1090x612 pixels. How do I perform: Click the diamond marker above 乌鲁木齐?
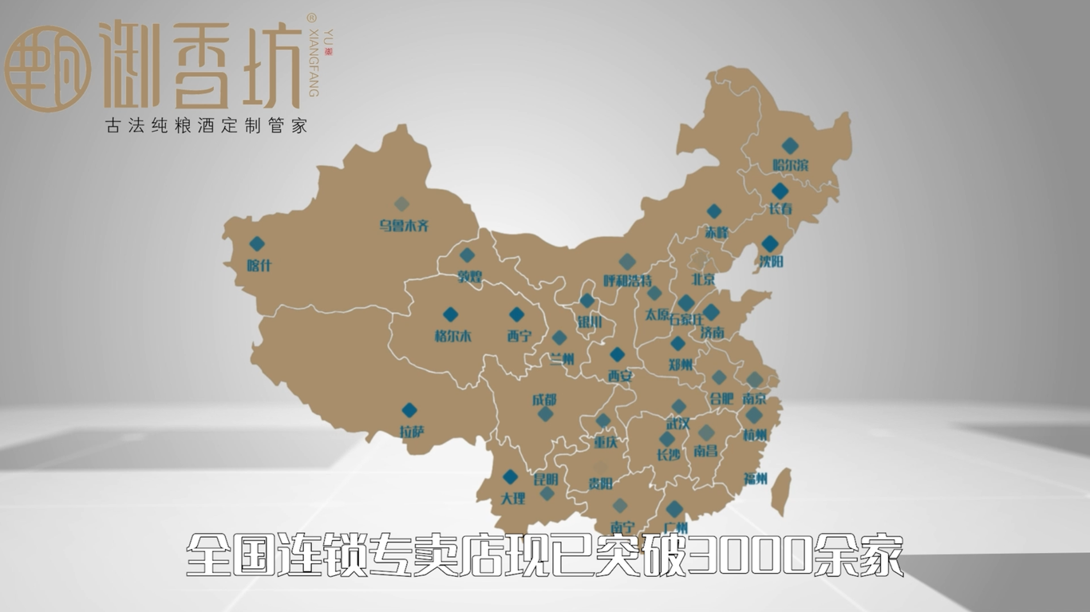tap(401, 204)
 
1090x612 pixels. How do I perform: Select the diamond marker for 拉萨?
tap(409, 410)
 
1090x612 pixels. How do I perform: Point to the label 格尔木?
tap(452, 336)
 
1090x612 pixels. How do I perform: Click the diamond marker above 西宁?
tap(516, 315)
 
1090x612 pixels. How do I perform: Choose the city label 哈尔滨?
tap(790, 165)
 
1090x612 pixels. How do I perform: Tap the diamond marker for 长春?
tap(779, 191)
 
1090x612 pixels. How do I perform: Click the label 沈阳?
tap(771, 261)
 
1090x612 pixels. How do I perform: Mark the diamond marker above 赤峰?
tap(714, 211)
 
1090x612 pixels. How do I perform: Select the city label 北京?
tap(702, 280)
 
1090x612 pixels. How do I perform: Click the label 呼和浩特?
tap(627, 281)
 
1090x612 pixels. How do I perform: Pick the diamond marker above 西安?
tap(618, 354)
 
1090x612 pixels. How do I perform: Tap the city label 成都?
tap(544, 400)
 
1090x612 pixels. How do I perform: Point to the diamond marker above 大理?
tap(510, 477)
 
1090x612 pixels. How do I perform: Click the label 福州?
tap(755, 479)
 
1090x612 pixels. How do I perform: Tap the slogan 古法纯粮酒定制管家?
tap(206, 126)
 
